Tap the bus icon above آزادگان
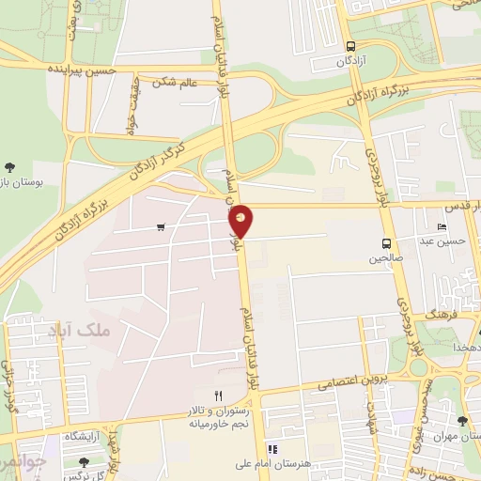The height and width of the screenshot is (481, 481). pyautogui.click(x=350, y=45)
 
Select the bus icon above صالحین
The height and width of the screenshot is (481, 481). pyautogui.click(x=387, y=242)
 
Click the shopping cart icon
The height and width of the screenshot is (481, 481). pyautogui.click(x=162, y=226)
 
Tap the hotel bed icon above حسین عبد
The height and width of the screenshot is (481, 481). pyautogui.click(x=442, y=226)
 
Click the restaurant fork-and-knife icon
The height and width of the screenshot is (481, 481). pyautogui.click(x=218, y=396)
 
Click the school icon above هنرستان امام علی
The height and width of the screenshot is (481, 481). pyautogui.click(x=273, y=448)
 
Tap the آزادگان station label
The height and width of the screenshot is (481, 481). pyautogui.click(x=351, y=60)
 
